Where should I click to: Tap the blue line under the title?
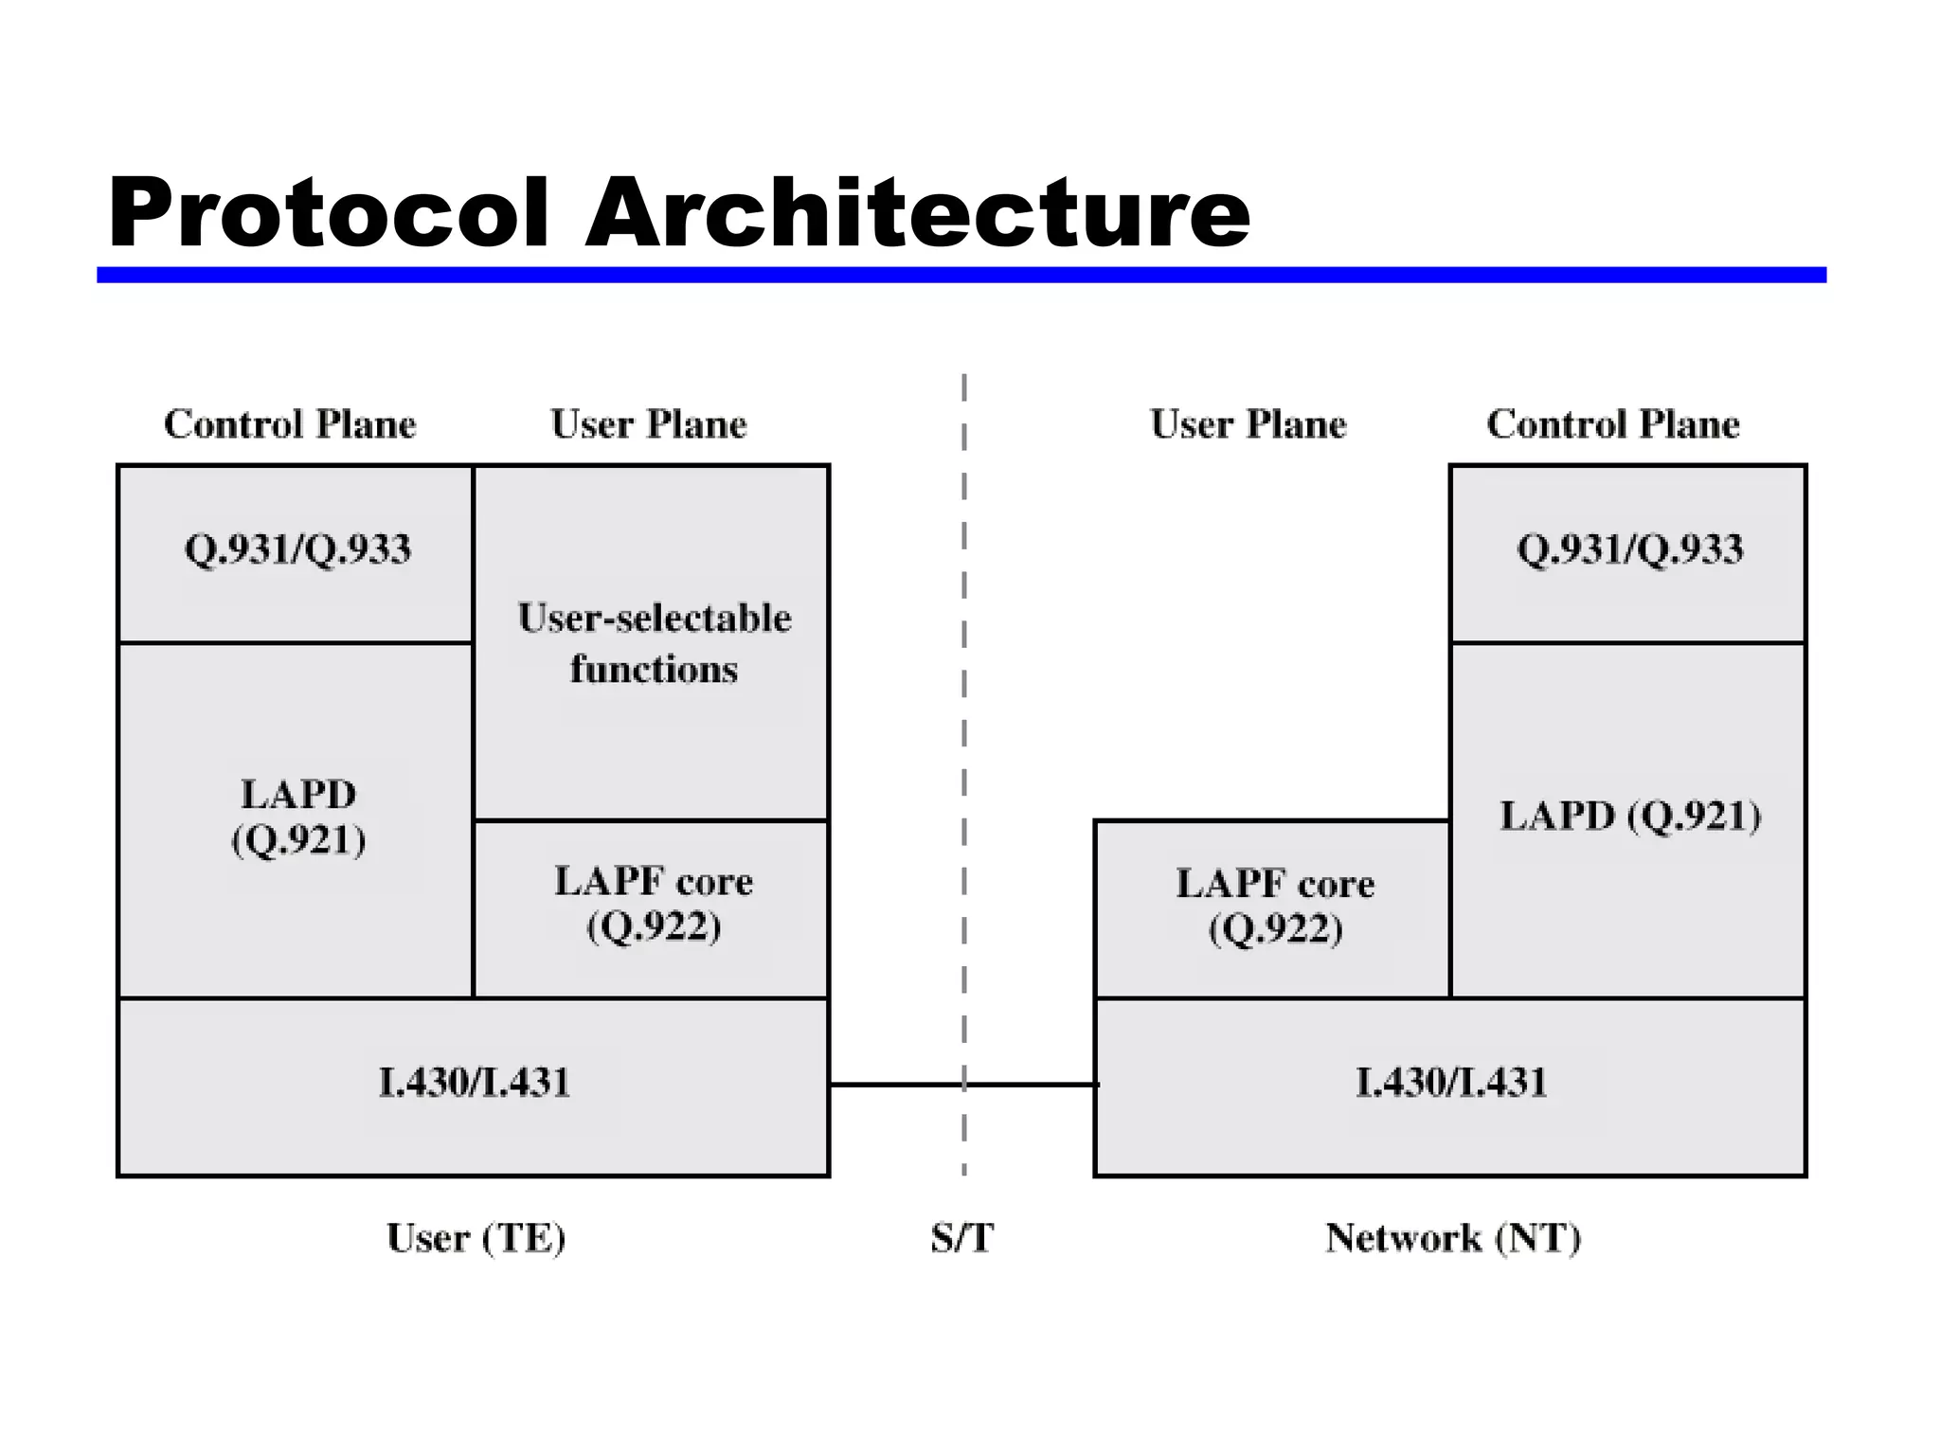click(961, 275)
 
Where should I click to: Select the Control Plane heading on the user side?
click(290, 424)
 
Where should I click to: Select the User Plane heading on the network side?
click(1248, 424)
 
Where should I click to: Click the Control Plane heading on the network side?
click(1612, 424)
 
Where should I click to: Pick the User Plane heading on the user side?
click(648, 424)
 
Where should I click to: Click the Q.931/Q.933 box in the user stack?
click(297, 550)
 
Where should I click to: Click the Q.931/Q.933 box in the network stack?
click(1629, 550)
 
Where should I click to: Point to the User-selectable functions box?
click(654, 643)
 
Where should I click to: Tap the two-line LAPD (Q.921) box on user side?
click(297, 817)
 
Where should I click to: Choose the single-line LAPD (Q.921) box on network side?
click(1629, 817)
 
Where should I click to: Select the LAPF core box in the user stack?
click(654, 905)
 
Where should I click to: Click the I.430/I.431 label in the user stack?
click(474, 1083)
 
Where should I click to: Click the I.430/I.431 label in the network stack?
click(1450, 1083)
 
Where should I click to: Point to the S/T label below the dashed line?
click(961, 1238)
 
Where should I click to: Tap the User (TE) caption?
click(476, 1238)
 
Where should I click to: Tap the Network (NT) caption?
click(1452, 1238)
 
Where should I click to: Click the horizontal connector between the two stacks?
click(900, 1085)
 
